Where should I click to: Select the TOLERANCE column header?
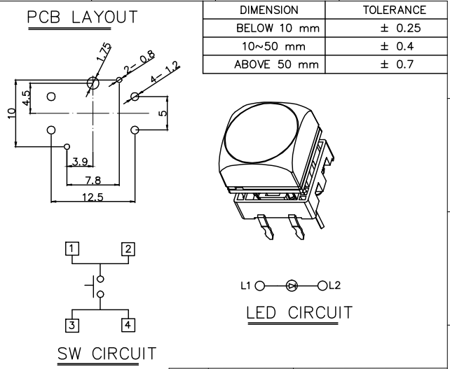[x=394, y=11]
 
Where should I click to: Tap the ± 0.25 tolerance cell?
[x=394, y=29]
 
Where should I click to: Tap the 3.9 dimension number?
[x=80, y=162]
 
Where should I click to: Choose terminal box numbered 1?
[x=72, y=248]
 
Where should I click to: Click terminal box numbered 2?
[x=128, y=248]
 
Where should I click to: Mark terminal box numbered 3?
[x=72, y=324]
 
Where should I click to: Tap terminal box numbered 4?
[x=128, y=324]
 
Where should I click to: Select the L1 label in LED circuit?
[x=245, y=285]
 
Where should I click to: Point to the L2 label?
[x=334, y=285]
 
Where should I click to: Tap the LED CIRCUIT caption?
[x=299, y=312]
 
